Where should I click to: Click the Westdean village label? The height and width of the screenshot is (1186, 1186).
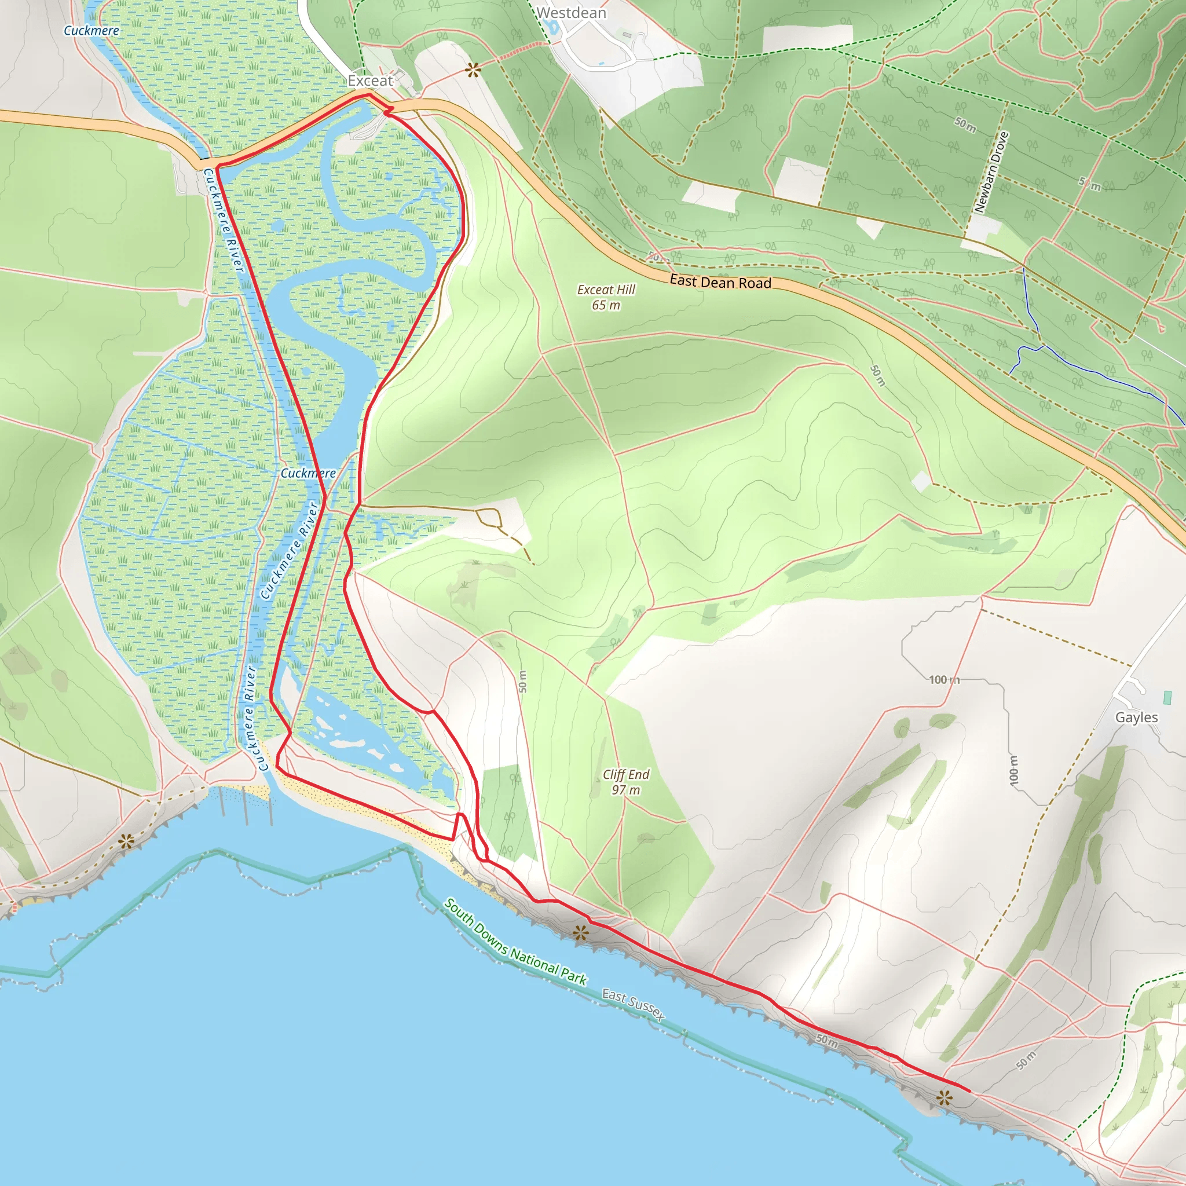pyautogui.click(x=571, y=13)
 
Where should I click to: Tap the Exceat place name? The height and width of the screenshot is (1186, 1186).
pyautogui.click(x=369, y=80)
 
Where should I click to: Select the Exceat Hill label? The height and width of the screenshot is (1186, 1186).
pyautogui.click(x=606, y=289)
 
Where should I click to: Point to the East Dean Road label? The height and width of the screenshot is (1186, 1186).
pyautogui.click(x=720, y=282)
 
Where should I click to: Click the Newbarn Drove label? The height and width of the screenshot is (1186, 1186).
pyautogui.click(x=991, y=173)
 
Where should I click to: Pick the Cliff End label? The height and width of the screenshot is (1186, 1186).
pyautogui.click(x=625, y=775)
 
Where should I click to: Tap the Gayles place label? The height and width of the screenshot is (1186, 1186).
pyautogui.click(x=1136, y=717)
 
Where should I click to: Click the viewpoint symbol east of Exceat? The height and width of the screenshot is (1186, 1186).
pyautogui.click(x=472, y=71)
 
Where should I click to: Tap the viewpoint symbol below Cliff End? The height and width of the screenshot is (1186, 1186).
pyautogui.click(x=580, y=934)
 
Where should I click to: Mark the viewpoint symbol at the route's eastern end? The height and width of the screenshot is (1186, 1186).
pyautogui.click(x=943, y=1097)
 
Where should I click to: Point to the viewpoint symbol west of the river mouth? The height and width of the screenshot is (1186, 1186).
pyautogui.click(x=126, y=841)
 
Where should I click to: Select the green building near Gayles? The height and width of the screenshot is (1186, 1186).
pyautogui.click(x=1167, y=697)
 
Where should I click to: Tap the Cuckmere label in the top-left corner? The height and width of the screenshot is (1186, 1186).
pyautogui.click(x=91, y=30)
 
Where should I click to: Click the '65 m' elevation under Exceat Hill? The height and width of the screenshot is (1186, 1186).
pyautogui.click(x=606, y=305)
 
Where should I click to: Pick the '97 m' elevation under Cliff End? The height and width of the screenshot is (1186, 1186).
pyautogui.click(x=625, y=790)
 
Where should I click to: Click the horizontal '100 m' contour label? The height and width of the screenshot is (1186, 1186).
pyautogui.click(x=943, y=679)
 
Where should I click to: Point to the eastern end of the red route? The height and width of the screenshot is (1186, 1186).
pyautogui.click(x=969, y=1091)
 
